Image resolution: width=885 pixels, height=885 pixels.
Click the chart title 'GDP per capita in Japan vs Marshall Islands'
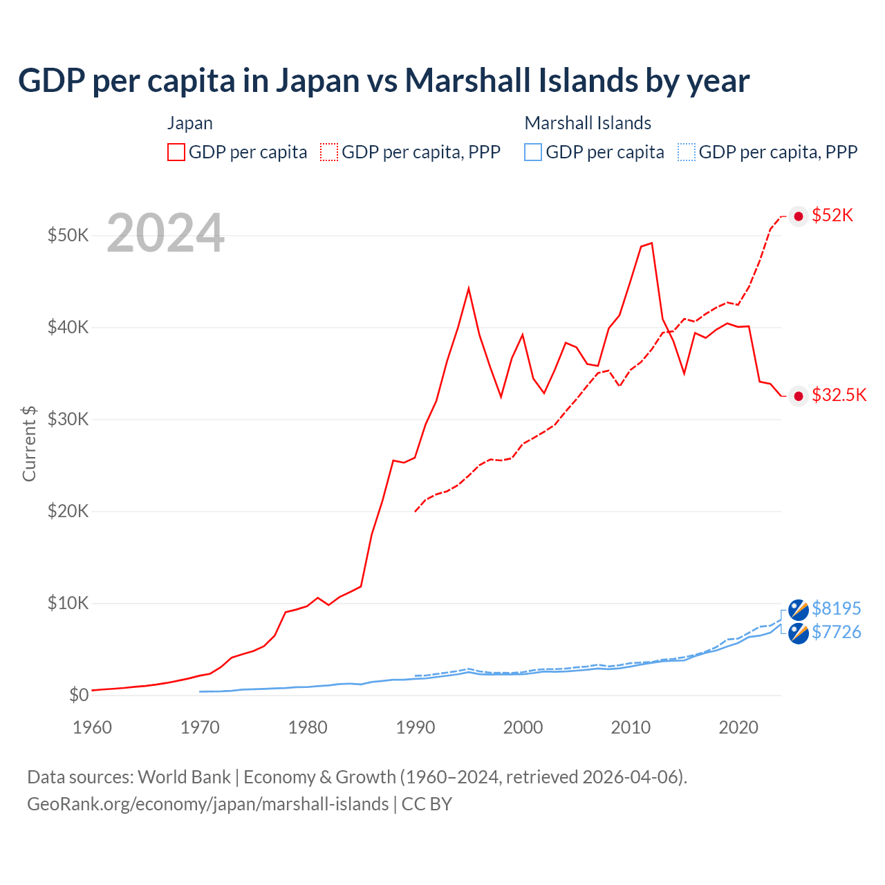pos(384,80)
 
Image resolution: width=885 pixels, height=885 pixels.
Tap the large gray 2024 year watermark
pos(165,233)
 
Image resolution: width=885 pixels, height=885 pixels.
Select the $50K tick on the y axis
pos(68,235)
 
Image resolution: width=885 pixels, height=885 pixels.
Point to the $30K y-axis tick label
pos(68,419)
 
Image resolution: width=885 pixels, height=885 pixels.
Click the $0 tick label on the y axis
pos(79,695)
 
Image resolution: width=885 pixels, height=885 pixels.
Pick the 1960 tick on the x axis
pos(92,727)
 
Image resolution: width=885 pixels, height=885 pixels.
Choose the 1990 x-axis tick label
pos(415,727)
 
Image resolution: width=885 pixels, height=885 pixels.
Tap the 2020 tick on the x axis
pos(738,727)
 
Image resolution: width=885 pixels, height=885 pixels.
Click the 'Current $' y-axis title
pos(29,443)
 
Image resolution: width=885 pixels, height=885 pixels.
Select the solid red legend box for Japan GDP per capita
pos(176,152)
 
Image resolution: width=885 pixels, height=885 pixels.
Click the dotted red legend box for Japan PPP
pos(329,152)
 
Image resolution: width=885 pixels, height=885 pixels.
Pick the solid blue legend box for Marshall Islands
pos(533,152)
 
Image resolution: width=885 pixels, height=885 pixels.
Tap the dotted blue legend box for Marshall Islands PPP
pos(687,152)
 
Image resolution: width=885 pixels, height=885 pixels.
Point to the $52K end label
pos(832,215)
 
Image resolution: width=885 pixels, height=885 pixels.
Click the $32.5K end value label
pos(839,395)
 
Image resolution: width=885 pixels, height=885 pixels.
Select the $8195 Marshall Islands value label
pos(836,608)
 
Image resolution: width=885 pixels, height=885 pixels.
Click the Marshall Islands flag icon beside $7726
pos(799,633)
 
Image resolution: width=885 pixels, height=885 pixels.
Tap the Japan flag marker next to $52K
pos(799,216)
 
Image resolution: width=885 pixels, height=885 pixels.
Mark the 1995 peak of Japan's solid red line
pos(469,288)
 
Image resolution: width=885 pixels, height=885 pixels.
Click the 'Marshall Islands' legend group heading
pos(588,123)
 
